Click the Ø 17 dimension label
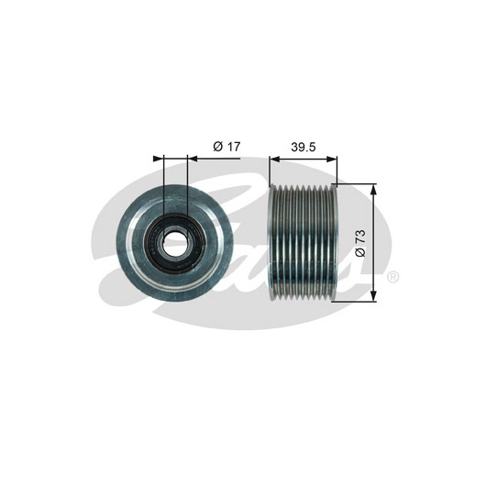click(226, 147)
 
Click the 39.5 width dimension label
click(304, 148)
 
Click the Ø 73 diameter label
click(360, 243)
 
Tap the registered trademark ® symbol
click(392, 277)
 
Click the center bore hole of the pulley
click(174, 242)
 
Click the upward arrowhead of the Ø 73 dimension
click(374, 189)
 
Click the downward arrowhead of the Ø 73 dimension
click(374, 295)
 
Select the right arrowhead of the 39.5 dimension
click(332, 159)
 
